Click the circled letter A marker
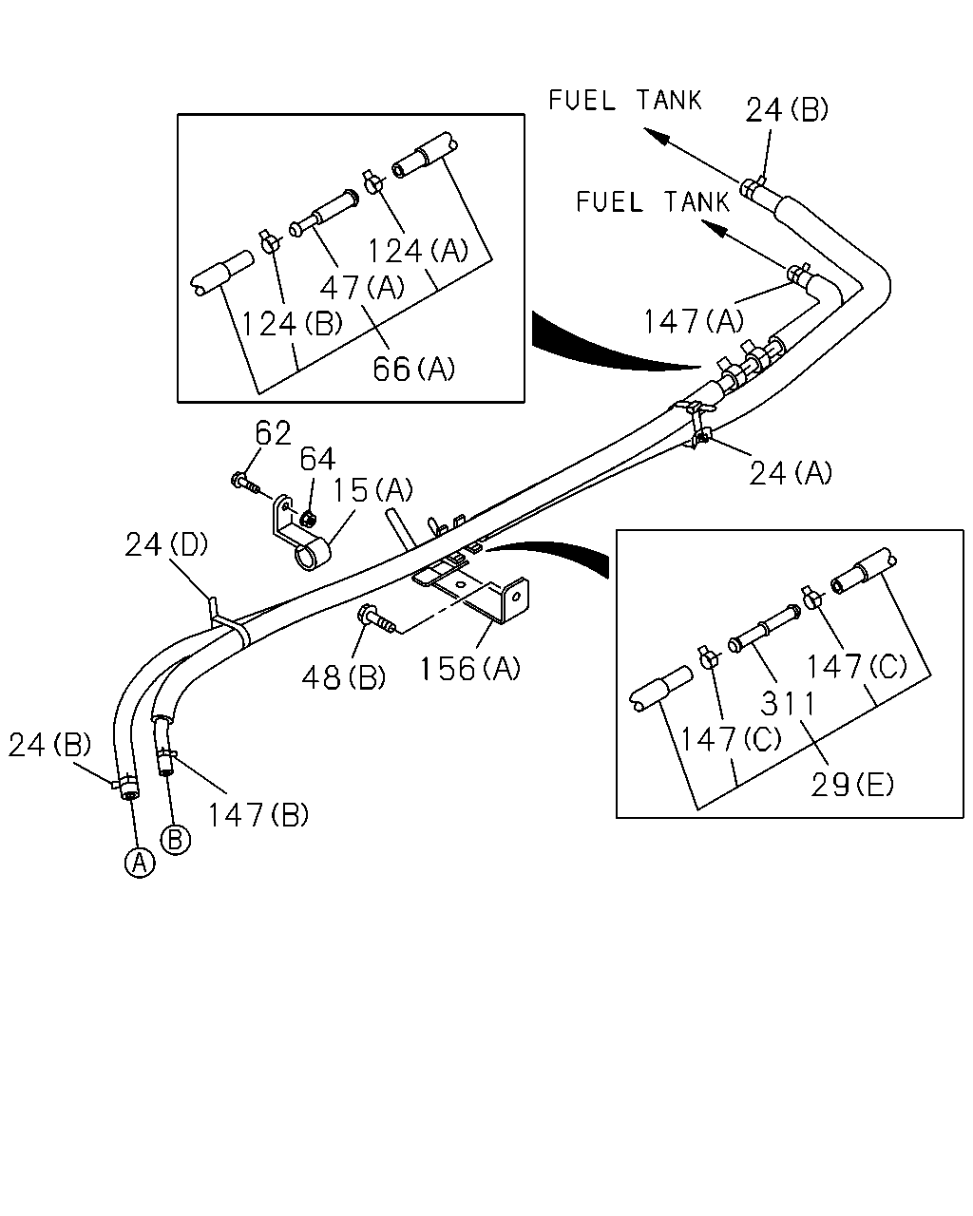(x=140, y=863)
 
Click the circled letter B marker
(x=175, y=840)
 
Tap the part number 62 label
(x=273, y=434)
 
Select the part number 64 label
(x=317, y=458)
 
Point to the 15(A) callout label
(x=372, y=489)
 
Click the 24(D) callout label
(x=166, y=544)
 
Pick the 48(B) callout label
(x=344, y=677)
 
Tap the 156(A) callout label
(x=469, y=669)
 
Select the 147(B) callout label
(x=259, y=814)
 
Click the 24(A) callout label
(x=791, y=472)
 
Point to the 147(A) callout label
(x=694, y=321)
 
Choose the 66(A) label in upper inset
(x=414, y=369)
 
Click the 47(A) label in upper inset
(x=362, y=287)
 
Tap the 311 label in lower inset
(x=788, y=704)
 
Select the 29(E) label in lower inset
(x=852, y=785)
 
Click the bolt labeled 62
(x=249, y=484)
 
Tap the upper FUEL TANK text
(x=624, y=100)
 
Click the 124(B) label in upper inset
(x=292, y=324)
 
